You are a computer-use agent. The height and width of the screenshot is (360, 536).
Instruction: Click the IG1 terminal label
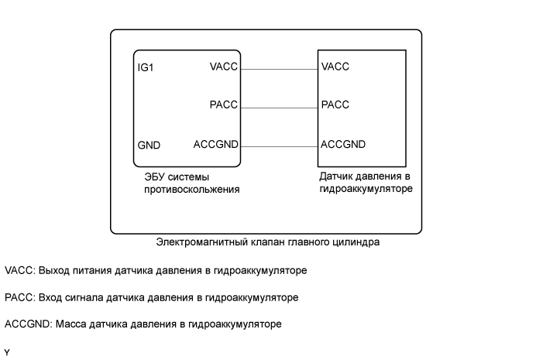pos(146,67)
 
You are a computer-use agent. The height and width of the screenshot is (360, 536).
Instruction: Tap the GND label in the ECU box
pos(149,145)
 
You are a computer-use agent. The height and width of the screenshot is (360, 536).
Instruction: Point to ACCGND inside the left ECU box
pos(216,144)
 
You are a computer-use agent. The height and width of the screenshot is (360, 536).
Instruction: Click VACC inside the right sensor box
pos(335,67)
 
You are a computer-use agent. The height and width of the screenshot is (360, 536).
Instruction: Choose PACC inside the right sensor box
pos(335,105)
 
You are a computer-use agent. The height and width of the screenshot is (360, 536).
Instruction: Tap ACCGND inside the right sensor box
pos(343,144)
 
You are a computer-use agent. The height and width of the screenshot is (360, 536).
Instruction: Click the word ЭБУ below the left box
pos(155,177)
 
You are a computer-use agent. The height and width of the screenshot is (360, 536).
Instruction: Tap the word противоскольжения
pos(191,190)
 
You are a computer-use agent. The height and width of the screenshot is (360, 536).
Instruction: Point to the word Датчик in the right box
pos(336,176)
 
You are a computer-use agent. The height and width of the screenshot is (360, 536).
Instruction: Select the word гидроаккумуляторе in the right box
pos(366,188)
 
